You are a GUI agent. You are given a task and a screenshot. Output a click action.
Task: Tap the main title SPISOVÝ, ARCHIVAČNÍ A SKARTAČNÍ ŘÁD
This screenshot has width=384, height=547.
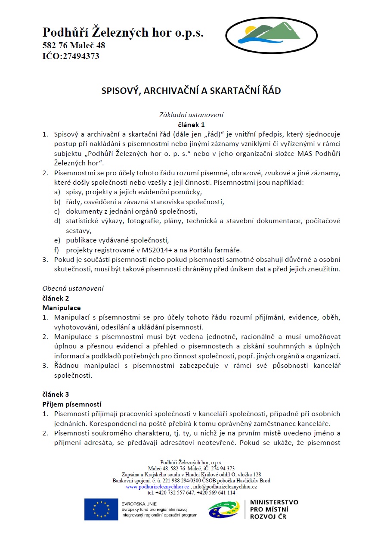point(191,91)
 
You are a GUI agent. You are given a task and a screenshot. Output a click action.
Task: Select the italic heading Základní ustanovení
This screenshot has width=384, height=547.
point(191,115)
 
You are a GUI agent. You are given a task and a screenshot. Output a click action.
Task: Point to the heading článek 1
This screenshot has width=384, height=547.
point(191,125)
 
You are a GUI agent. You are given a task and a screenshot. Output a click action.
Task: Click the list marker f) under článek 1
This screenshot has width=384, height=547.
point(56,250)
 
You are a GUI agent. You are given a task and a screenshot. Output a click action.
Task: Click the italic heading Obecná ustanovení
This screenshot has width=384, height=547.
point(73,288)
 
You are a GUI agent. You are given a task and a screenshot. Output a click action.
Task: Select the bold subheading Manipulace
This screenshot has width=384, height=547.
point(61,308)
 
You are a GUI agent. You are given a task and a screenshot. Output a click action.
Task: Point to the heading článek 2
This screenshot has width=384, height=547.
point(56,298)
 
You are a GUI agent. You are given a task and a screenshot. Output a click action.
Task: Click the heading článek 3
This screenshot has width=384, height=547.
point(56,394)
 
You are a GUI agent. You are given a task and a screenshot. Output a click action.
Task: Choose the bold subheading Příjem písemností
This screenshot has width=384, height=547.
point(71,404)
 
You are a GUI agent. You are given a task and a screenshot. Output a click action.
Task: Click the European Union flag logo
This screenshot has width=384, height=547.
point(101,509)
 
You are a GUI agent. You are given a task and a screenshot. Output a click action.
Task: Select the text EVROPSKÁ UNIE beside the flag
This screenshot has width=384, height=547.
point(139,503)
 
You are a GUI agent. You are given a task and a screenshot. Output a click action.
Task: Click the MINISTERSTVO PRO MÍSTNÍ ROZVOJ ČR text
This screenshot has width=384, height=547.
point(273,509)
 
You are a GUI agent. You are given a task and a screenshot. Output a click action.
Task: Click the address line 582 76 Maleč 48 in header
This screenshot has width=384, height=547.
point(74,45)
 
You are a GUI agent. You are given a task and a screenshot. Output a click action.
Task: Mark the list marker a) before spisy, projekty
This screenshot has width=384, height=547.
point(56,192)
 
